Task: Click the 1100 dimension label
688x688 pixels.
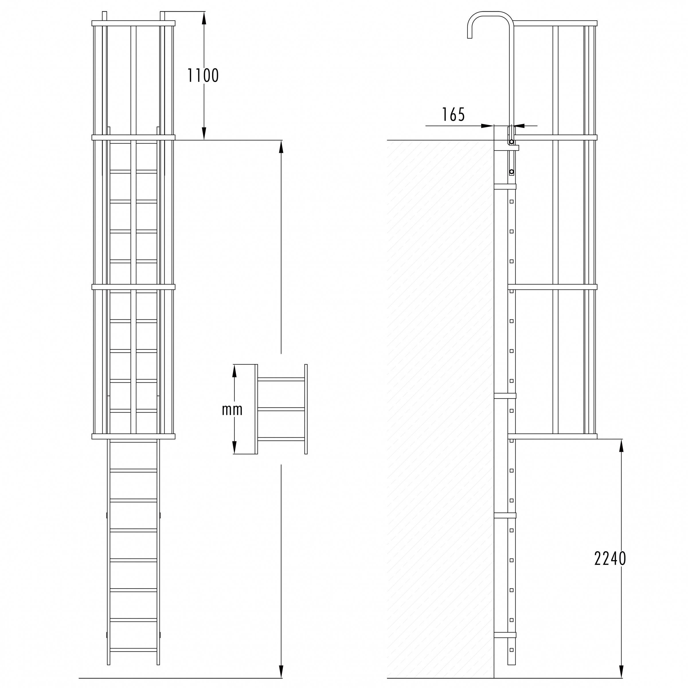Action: tap(203, 75)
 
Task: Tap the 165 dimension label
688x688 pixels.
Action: tap(453, 115)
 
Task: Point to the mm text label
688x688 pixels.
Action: tap(232, 410)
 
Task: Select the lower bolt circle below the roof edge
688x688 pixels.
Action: tap(512, 172)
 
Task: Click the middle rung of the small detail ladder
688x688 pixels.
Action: tap(281, 409)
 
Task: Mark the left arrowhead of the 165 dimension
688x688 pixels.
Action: tap(487, 126)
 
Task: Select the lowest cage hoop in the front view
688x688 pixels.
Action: tap(134, 437)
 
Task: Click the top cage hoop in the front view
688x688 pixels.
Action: tap(134, 23)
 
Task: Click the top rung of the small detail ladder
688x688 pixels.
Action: tap(281, 379)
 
